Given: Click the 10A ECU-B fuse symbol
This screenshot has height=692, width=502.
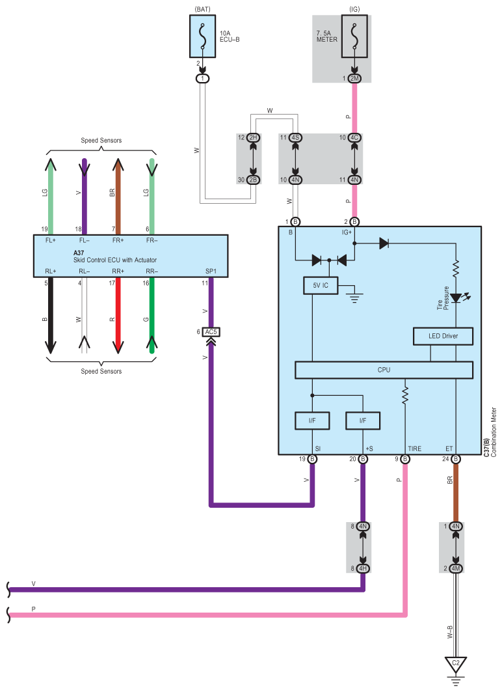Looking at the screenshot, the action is [x=203, y=36].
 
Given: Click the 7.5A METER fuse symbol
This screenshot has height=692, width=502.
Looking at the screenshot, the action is [x=354, y=36].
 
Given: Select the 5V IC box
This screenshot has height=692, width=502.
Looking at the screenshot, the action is [x=321, y=286].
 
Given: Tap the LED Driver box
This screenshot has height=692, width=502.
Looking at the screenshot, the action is [x=443, y=337].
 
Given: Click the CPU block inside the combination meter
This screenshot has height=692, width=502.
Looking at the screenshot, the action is [x=384, y=370].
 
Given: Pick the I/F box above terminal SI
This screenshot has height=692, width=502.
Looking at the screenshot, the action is [x=312, y=421].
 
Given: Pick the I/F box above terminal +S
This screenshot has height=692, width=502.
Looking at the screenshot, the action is [x=363, y=421].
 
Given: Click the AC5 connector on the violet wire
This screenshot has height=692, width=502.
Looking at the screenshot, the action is [x=211, y=332].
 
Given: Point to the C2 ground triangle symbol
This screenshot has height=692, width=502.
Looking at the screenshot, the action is [x=456, y=664].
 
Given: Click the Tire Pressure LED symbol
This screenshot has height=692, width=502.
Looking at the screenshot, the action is [x=456, y=298].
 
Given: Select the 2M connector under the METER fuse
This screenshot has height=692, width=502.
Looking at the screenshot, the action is [x=354, y=79].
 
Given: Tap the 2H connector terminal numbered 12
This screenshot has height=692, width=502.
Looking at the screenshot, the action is [x=253, y=138].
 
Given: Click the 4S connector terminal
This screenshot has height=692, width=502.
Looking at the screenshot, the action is [x=295, y=138].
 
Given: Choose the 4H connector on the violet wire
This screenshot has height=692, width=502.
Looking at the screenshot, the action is [x=363, y=568].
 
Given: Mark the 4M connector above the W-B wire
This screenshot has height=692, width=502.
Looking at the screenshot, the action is [x=456, y=568].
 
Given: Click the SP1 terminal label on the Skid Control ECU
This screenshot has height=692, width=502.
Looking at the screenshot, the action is [x=211, y=271].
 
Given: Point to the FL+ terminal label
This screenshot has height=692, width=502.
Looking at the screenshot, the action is [x=51, y=240].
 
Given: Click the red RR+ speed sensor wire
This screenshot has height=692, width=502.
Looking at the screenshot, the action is [x=118, y=315].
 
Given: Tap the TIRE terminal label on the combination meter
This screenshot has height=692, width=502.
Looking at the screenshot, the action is [x=415, y=449].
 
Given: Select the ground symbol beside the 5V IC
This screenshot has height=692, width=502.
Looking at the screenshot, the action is [x=354, y=294].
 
